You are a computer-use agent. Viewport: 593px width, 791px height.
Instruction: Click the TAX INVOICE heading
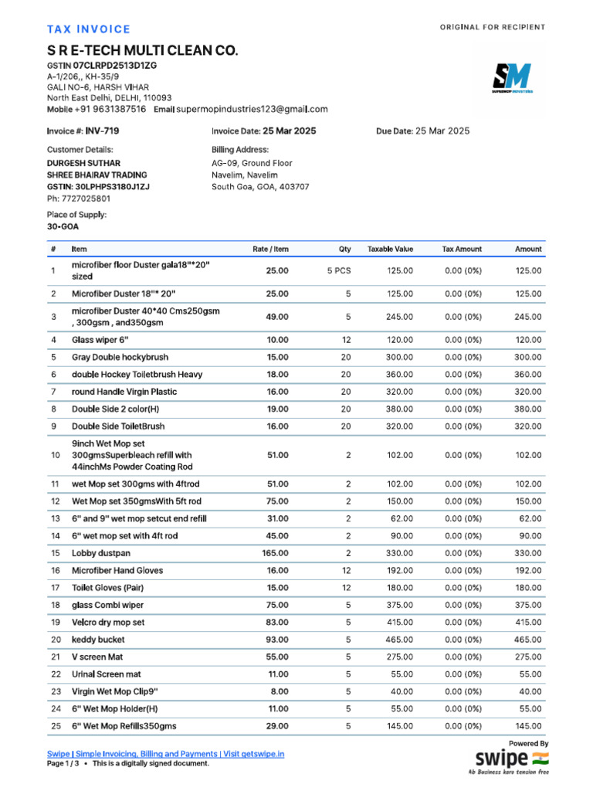click(89, 29)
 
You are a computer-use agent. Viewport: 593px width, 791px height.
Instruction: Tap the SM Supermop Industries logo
click(512, 78)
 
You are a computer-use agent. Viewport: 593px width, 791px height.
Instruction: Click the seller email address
click(252, 110)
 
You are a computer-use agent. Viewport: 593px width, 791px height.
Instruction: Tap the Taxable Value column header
click(390, 250)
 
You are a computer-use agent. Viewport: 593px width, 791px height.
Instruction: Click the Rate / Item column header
click(270, 250)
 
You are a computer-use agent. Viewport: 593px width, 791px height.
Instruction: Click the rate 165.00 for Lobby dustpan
click(275, 553)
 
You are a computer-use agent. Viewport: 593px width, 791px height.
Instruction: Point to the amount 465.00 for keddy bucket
click(528, 640)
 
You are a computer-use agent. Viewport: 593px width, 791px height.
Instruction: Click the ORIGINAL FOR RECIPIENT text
click(492, 28)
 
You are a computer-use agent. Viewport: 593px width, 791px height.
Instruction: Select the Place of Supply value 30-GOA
click(63, 227)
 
